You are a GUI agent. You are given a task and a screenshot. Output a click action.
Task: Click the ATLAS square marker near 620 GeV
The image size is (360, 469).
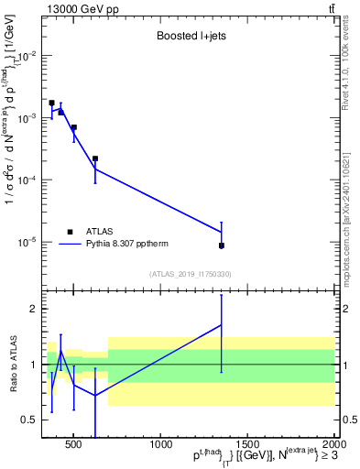95,158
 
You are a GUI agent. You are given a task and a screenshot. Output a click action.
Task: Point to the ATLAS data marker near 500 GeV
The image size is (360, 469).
74,127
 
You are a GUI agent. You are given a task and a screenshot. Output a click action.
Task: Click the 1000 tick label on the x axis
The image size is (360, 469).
161,446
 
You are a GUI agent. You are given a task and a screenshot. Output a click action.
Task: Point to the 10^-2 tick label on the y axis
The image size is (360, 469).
26,56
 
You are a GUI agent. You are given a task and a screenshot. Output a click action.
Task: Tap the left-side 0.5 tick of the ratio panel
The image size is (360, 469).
28,420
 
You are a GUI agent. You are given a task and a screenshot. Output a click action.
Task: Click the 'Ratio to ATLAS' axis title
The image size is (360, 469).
11,364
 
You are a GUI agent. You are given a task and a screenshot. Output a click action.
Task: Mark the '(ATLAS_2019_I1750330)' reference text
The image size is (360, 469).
190,274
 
